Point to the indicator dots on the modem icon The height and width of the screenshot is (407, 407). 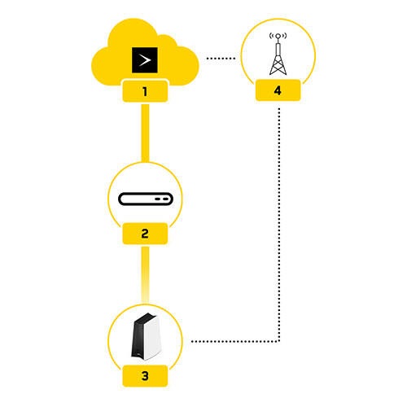click(x=163, y=199)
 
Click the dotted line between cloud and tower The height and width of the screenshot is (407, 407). click(x=221, y=59)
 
